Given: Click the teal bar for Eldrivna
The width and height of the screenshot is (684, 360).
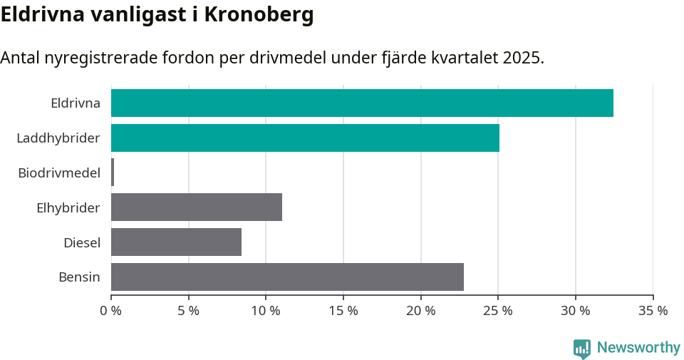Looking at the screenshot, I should click(x=362, y=103).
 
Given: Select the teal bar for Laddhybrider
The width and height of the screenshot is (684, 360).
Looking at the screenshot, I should click(x=305, y=138).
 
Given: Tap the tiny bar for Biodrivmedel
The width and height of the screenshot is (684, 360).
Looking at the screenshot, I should click(x=113, y=173).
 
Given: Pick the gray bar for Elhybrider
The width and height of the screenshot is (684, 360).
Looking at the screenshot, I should click(x=197, y=207).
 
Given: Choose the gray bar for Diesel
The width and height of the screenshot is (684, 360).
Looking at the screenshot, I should click(x=176, y=242).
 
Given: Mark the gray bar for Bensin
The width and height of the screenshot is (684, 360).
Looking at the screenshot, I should click(x=287, y=277).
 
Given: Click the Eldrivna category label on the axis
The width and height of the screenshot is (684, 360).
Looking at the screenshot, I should click(x=76, y=103).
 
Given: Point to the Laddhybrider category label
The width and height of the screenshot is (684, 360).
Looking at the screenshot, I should click(x=58, y=138).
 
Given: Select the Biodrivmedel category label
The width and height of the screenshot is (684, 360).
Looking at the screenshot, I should click(x=59, y=173).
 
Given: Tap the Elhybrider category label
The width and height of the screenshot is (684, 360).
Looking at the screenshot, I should click(x=68, y=207).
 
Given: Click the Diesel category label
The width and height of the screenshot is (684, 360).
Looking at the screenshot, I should click(x=82, y=242).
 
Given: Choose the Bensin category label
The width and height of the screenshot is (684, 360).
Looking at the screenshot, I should click(x=79, y=277).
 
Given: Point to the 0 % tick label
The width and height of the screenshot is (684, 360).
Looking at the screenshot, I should click(x=111, y=311).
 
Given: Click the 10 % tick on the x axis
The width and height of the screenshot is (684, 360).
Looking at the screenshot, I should click(x=266, y=311).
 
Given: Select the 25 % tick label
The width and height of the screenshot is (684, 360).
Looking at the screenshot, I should click(x=498, y=311).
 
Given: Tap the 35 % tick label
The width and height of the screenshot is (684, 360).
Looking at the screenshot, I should click(x=653, y=311).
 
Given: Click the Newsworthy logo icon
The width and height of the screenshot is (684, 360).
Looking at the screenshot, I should click(x=582, y=348).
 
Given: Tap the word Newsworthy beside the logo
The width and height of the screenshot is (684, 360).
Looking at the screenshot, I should click(x=638, y=348).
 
